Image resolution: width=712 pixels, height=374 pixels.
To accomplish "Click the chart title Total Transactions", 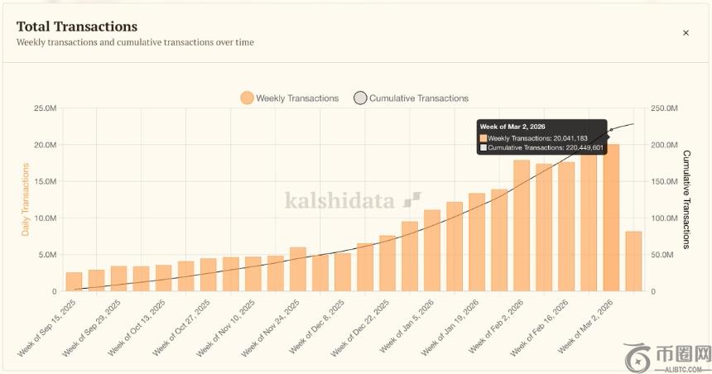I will point(77,26).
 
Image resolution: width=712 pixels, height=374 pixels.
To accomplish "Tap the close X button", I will point(686,33).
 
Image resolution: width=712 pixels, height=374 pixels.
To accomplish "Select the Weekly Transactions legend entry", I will point(290,98).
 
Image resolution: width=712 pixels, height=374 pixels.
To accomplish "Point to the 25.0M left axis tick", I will point(45,108).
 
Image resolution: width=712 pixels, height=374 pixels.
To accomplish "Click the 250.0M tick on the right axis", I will point(664,108).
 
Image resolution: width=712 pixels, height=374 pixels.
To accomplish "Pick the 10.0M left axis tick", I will point(45,218).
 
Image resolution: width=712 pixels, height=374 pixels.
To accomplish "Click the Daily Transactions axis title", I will point(26,199).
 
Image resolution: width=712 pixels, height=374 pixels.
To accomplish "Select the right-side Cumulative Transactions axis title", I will point(686,199).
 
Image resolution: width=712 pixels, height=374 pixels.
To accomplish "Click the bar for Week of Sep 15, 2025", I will point(75,281).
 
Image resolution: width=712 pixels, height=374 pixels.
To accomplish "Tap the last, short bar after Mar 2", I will point(633,261).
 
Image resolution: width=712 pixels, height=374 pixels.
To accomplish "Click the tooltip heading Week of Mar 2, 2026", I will point(512,126).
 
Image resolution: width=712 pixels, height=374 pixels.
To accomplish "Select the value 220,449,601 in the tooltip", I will point(580,147).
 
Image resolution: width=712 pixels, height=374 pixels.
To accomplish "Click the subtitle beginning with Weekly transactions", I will point(135,42).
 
